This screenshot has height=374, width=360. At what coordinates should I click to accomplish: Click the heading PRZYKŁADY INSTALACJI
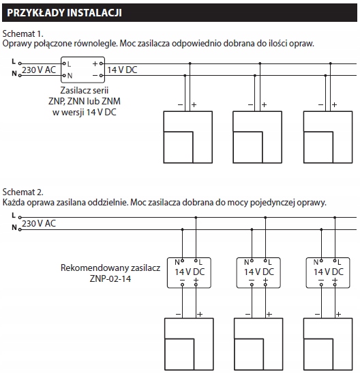64,13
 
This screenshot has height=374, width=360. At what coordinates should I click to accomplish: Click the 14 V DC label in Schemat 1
122,70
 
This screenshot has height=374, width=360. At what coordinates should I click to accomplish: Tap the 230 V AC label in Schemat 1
39,70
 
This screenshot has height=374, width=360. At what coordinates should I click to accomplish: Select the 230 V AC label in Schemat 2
39,223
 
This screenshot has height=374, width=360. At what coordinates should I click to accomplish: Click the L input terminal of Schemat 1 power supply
64,63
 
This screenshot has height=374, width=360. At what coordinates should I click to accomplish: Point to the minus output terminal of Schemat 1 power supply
102,76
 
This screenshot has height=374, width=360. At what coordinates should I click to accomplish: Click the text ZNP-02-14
110,278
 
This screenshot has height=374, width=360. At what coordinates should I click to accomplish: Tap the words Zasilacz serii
85,90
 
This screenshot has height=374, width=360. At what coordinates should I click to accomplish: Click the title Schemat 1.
23,34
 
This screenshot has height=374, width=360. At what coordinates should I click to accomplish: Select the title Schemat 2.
23,192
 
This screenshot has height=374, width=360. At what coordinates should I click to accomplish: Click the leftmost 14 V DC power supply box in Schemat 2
189,272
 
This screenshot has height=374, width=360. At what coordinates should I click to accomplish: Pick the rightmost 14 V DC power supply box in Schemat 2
328,272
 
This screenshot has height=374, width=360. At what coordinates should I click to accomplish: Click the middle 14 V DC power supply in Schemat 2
258,272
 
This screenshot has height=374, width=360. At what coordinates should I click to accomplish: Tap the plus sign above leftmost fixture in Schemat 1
194,104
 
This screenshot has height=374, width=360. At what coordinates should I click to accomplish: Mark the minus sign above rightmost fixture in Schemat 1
320,104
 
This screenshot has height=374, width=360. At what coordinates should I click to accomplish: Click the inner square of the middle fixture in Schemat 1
247,147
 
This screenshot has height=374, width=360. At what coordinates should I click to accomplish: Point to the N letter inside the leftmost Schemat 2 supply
177,262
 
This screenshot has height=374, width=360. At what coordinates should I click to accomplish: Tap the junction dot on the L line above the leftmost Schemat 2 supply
196,218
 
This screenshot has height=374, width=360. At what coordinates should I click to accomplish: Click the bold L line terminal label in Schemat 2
14,216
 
